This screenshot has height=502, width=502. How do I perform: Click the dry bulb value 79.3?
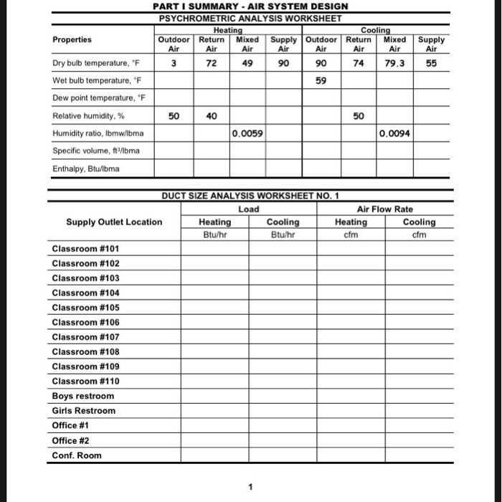click(x=395, y=63)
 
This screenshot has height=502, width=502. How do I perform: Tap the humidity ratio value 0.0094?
click(x=395, y=133)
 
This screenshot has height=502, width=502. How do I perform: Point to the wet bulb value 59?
click(x=321, y=81)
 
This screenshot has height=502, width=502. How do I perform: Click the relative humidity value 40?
click(x=211, y=115)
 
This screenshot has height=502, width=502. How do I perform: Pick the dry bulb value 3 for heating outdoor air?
click(x=173, y=63)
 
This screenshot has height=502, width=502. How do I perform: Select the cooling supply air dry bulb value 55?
click(x=432, y=63)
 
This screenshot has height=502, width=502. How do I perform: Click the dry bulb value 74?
click(x=359, y=63)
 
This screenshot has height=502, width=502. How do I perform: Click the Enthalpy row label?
click(x=85, y=169)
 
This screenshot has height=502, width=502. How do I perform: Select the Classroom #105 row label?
click(x=85, y=308)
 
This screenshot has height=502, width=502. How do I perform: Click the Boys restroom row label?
click(x=82, y=396)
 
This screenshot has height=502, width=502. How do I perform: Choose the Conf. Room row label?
click(x=77, y=455)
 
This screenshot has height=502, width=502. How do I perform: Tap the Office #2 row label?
click(x=71, y=440)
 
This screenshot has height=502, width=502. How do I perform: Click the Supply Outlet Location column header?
click(x=114, y=222)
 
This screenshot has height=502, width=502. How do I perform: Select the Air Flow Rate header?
click(x=384, y=209)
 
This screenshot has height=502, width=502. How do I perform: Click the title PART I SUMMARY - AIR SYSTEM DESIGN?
click(x=250, y=6)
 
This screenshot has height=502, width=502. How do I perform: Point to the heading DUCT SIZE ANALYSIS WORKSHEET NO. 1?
click(x=250, y=196)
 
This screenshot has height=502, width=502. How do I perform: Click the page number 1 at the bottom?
click(x=250, y=487)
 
